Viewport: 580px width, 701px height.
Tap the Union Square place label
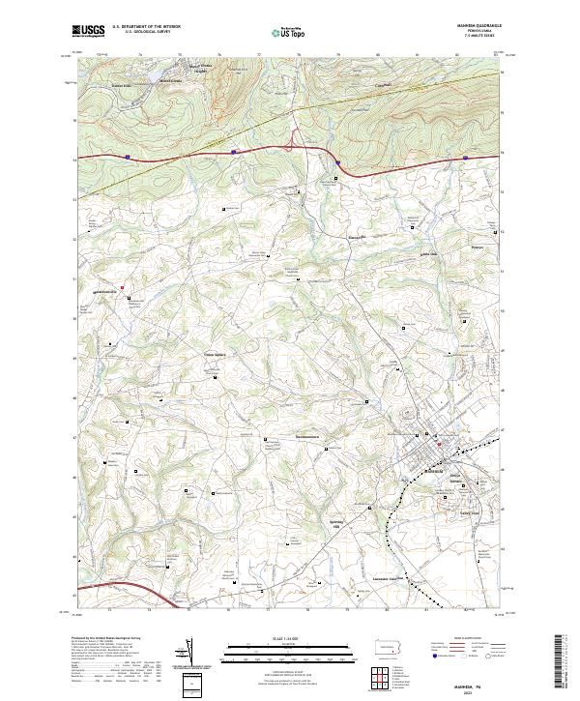click(x=215, y=354)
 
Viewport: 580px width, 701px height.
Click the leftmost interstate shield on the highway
click(x=128, y=153)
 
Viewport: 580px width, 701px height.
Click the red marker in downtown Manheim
click(x=437, y=444)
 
